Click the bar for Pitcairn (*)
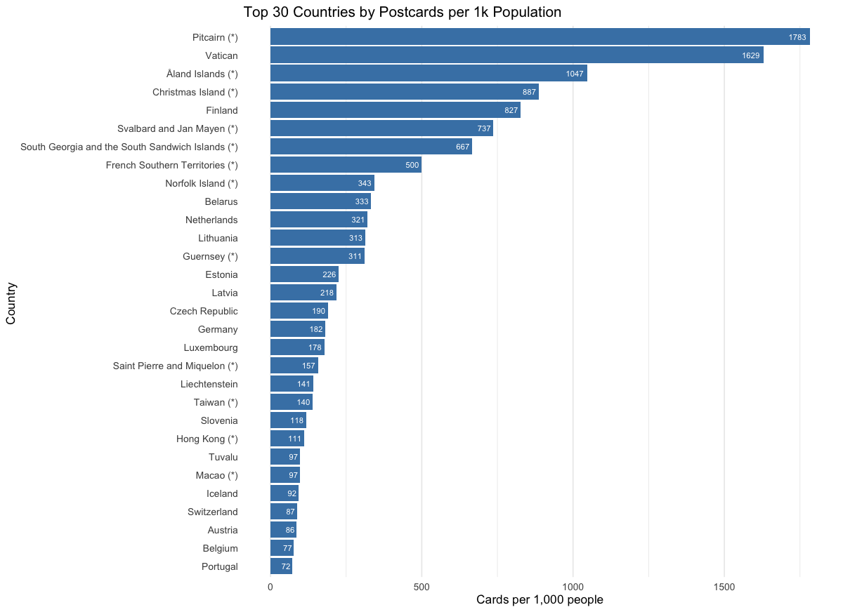tap(540, 36)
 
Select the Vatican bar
tap(516, 55)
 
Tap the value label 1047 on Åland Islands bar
tap(575, 74)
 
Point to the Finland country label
tap(222, 110)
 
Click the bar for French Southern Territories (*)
tap(346, 165)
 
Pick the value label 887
tap(529, 92)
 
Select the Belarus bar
tap(320, 201)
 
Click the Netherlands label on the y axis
tap(211, 220)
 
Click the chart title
tap(402, 13)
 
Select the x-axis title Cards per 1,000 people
tap(540, 600)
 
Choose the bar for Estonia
tap(304, 274)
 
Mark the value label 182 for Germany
tap(316, 329)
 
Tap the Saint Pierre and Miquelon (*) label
tap(175, 366)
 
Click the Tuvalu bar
tap(285, 457)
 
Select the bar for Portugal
tap(281, 566)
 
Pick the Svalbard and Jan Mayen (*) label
tap(178, 128)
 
